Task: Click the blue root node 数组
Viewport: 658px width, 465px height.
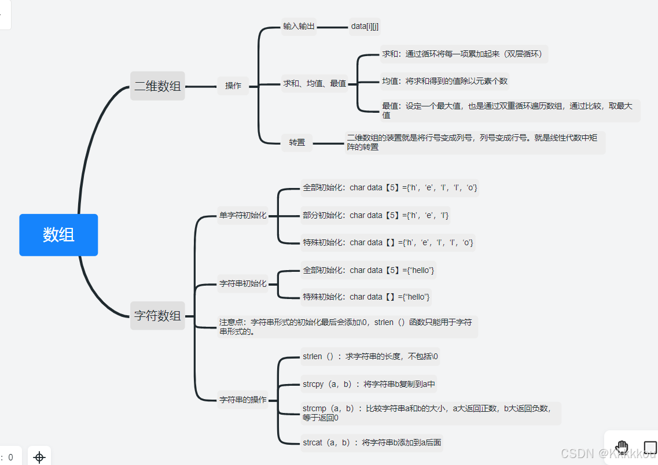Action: click(58, 235)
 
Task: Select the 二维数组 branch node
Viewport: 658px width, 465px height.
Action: click(157, 86)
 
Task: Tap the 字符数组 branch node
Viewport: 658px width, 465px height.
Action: click(157, 316)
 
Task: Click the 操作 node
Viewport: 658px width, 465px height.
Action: click(233, 86)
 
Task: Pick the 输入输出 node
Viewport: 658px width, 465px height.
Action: click(299, 27)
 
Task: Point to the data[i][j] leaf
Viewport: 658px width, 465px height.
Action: click(365, 27)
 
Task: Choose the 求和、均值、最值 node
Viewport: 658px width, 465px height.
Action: click(314, 83)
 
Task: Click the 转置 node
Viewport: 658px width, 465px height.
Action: click(297, 142)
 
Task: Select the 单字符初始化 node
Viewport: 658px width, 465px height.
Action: click(242, 215)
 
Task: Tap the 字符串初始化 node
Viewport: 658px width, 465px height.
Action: click(242, 283)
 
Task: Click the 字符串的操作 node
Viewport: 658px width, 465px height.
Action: click(242, 400)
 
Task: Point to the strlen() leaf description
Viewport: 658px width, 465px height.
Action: click(370, 357)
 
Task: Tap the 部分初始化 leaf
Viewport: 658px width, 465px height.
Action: click(376, 215)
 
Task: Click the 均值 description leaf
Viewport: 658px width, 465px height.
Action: click(444, 82)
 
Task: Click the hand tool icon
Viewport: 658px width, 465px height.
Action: click(622, 447)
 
